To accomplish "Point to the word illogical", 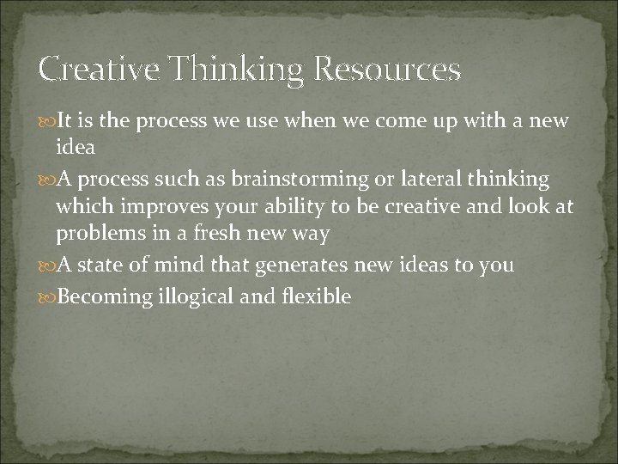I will point(196,296).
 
